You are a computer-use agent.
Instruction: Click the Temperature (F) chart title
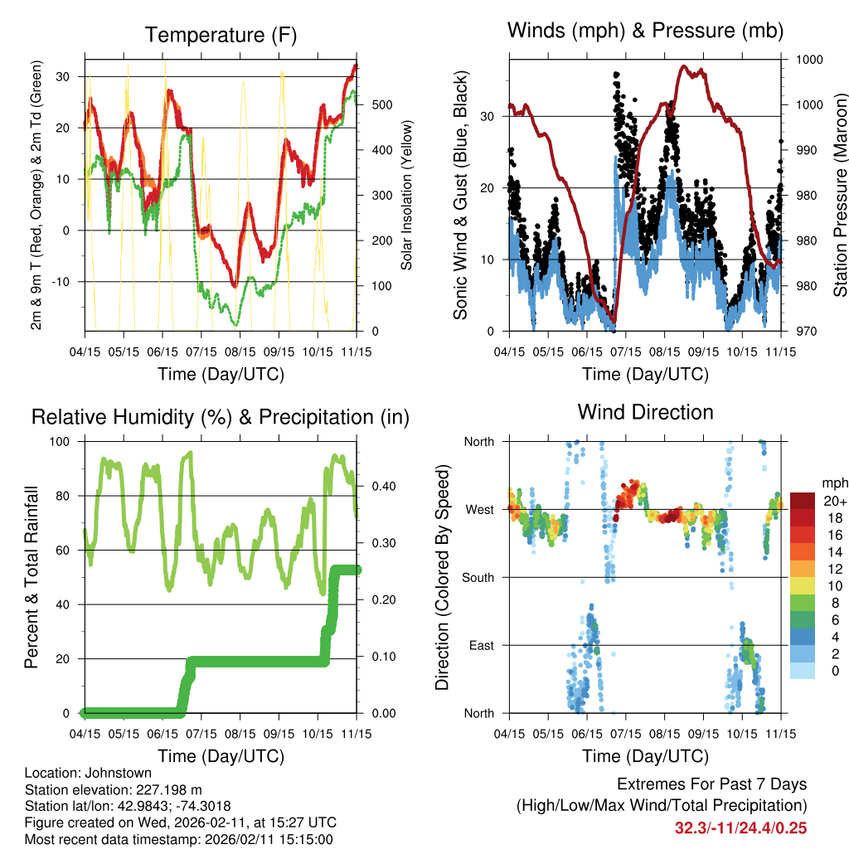point(221,36)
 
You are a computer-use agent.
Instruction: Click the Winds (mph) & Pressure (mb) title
point(645,31)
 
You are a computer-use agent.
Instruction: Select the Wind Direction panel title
point(645,412)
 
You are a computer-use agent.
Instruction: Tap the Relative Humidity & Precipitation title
point(221,417)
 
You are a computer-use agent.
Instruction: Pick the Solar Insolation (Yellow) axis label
point(407,196)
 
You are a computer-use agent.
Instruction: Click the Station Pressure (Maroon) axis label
point(840,196)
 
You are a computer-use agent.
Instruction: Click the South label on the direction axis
point(478,577)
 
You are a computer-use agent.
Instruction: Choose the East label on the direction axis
point(481,645)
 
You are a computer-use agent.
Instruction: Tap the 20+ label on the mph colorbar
point(834,502)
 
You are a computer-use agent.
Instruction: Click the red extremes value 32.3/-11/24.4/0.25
point(741,827)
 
